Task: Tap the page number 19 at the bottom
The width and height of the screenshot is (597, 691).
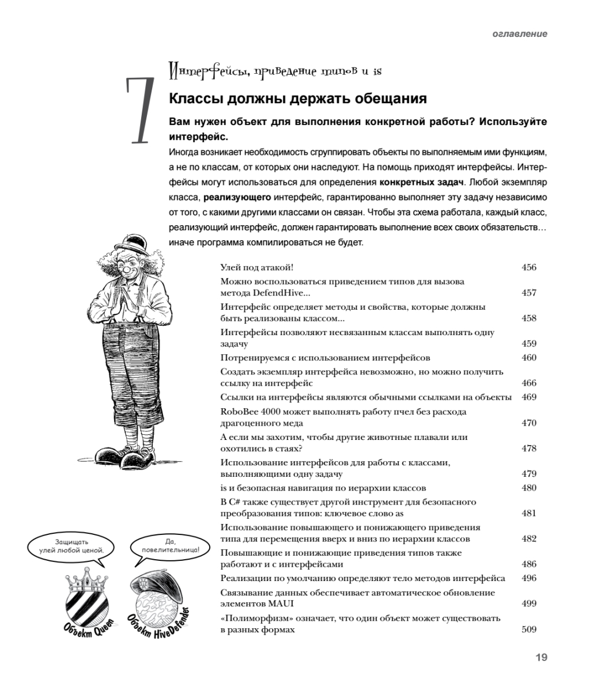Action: [541, 658]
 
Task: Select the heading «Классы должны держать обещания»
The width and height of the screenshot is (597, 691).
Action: [297, 98]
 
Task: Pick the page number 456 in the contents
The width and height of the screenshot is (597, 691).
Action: [528, 267]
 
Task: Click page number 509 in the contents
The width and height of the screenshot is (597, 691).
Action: [528, 629]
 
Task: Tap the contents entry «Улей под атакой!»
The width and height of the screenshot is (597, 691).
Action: [258, 267]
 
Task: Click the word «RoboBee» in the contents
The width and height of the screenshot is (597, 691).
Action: [239, 412]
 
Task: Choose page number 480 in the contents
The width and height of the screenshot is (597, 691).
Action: [528, 488]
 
